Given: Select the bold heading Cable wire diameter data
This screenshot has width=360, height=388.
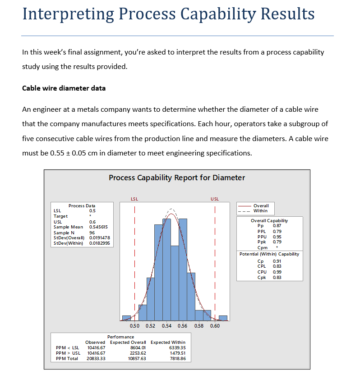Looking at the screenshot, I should click(64, 88).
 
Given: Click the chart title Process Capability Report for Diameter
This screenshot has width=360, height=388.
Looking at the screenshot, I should click(177, 178).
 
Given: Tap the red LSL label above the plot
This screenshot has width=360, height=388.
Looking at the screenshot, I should click(134, 199).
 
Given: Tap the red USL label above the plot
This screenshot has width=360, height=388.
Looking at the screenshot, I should click(215, 199).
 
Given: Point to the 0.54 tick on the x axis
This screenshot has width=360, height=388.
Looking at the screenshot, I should click(166, 326).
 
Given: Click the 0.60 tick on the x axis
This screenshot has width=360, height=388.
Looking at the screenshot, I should click(215, 326).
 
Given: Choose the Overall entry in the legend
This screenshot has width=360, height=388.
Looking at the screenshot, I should click(261, 205).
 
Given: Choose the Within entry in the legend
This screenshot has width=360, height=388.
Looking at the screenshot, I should click(260, 210).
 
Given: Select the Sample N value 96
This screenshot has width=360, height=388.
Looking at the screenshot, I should click(92, 233).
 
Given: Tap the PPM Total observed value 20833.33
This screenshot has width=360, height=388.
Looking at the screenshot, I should click(95, 359).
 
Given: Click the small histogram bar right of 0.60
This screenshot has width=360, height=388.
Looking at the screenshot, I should click(223, 318).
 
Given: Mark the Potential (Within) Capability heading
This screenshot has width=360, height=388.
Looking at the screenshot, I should click(269, 254).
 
